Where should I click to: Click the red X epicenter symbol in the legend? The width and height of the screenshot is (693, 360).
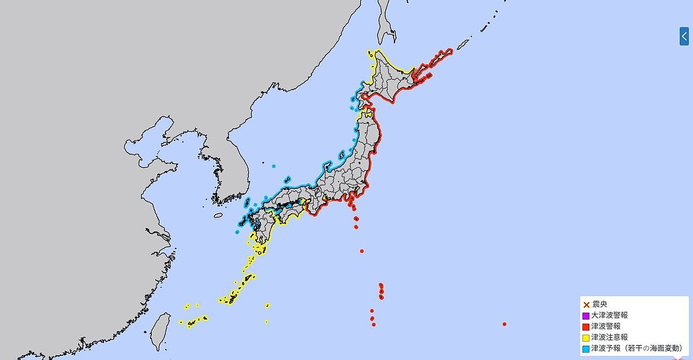point(586,305)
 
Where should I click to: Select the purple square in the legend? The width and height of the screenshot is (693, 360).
point(586,316)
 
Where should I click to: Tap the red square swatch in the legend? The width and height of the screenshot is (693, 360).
point(586,326)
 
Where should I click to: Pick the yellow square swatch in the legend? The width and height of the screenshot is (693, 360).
point(586,337)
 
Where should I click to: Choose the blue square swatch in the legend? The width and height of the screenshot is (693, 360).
point(586,348)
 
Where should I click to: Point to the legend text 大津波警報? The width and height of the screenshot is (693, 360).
point(609,316)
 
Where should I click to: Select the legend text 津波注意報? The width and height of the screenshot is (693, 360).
point(609,337)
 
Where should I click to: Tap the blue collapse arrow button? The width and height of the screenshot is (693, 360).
point(684,36)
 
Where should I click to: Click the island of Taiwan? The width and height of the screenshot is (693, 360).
point(161,332)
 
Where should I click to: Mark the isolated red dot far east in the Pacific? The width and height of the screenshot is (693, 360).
point(505,324)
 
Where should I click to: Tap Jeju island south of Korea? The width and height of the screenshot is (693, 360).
point(218,216)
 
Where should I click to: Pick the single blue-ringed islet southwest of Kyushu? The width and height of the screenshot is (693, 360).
point(237,232)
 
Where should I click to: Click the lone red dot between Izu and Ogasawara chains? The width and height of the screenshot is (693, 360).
point(362,251)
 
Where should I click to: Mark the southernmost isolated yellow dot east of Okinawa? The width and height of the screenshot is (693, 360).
point(266,322)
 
